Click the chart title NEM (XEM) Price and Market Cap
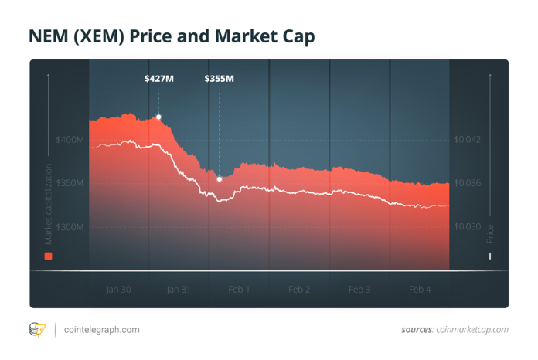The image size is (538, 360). point(172,36)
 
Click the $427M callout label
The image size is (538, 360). point(158,79)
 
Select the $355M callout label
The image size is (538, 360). point(219,79)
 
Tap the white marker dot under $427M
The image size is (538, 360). point(158,117)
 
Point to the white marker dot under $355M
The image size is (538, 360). point(220,179)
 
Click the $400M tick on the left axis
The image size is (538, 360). point(70,140)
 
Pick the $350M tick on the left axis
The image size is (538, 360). point(70,183)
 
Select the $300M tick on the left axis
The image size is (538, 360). point(70,227)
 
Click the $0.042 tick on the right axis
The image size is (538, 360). point(467,140)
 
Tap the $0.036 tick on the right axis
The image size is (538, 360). point(467,183)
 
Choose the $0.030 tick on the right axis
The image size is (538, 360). point(467,227)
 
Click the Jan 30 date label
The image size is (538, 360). point(118,290)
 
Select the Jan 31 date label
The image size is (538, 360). point(179,290)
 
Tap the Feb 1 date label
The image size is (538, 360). point(239,290)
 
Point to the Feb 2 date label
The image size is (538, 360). point(299,290)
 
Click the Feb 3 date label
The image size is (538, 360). point(359,290)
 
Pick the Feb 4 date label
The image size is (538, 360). point(420,290)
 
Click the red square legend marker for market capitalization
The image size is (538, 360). point(48,256)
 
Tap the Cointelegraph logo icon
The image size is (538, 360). point(37,330)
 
